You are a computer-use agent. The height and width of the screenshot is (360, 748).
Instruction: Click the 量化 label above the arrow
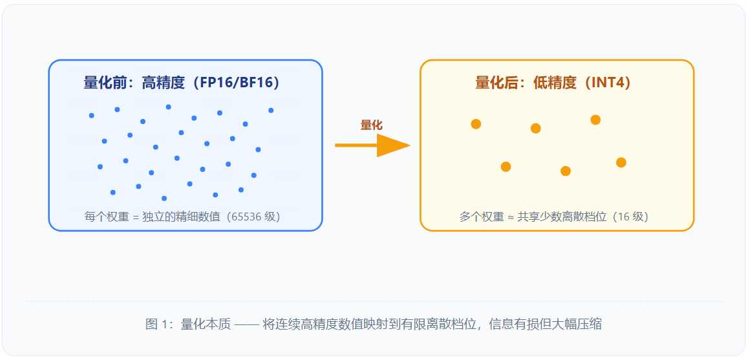click(x=371, y=125)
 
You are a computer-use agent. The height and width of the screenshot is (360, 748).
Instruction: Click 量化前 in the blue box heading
click(x=105, y=83)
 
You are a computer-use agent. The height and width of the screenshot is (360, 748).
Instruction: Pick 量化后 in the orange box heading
click(x=496, y=83)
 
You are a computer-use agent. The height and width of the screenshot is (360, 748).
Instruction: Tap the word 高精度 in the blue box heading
click(x=163, y=83)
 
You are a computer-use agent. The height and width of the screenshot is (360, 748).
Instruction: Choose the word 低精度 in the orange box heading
click(x=555, y=83)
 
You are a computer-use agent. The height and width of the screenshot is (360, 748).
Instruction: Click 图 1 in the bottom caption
click(x=158, y=324)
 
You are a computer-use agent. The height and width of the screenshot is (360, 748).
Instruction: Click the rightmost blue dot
click(x=271, y=110)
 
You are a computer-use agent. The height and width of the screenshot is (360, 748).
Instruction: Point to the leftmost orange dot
click(x=476, y=124)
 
